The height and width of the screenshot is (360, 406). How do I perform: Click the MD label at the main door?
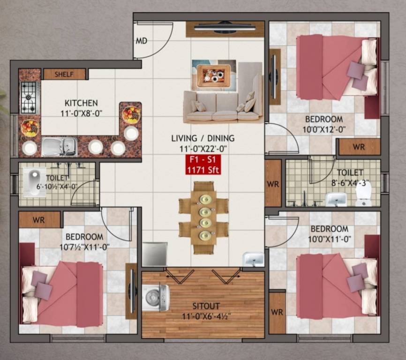[142, 41]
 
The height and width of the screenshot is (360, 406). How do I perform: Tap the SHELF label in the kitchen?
[64, 74]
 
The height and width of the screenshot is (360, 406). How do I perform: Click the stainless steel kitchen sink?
[59, 146]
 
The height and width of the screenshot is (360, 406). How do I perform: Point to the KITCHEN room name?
[81, 103]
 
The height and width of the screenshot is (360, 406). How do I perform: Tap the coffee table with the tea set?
[214, 75]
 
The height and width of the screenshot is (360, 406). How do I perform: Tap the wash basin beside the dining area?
[253, 259]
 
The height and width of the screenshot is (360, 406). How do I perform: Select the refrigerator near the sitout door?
[155, 254]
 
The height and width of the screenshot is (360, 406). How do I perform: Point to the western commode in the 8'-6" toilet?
[364, 194]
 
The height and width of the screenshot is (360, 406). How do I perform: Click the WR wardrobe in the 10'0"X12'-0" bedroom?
[359, 147]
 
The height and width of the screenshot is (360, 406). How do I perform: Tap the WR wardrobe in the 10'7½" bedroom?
[39, 220]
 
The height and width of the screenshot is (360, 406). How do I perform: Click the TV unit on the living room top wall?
[225, 28]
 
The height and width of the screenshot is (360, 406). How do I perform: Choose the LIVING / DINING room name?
[203, 138]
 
